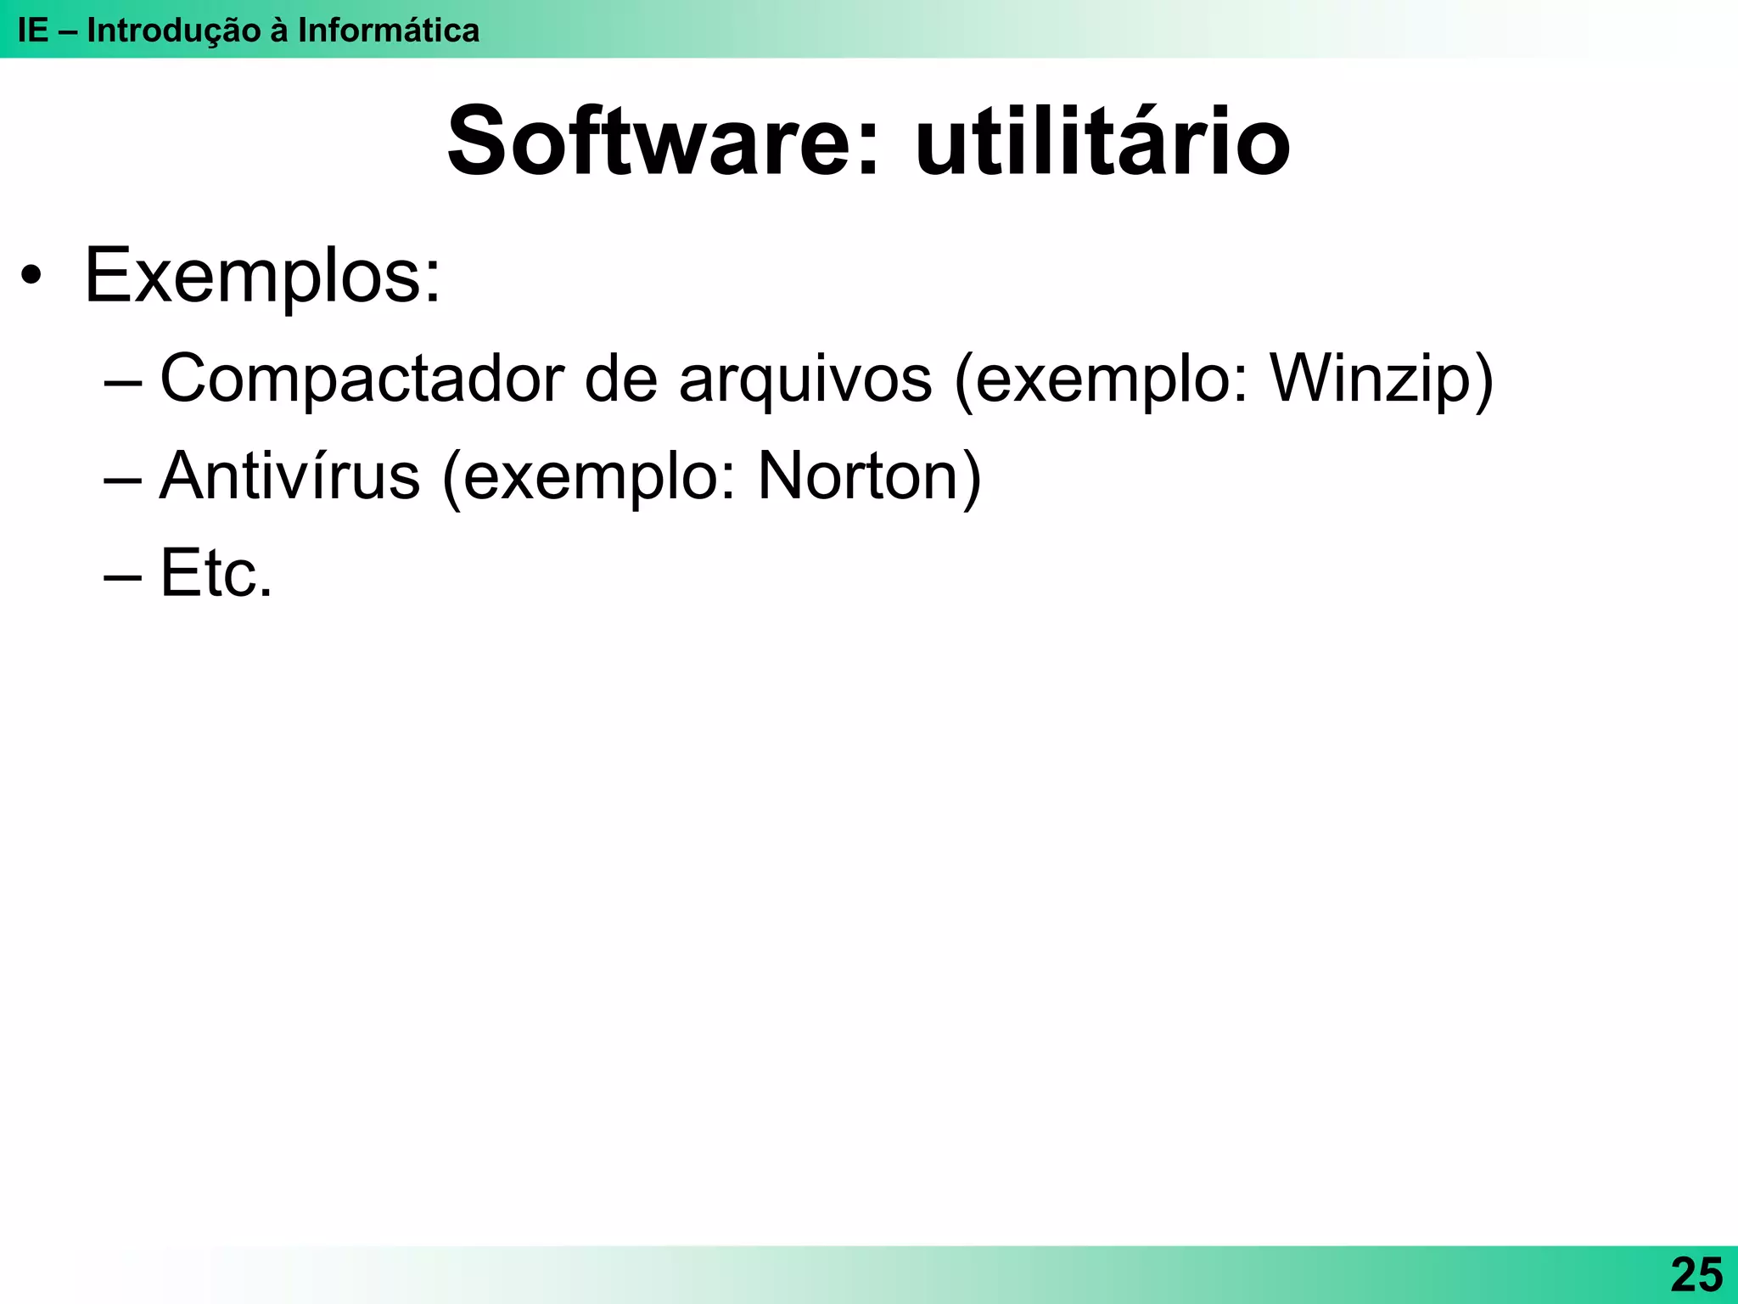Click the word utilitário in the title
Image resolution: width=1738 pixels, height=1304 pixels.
[x=1102, y=141]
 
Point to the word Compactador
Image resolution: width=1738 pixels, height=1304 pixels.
[x=362, y=379]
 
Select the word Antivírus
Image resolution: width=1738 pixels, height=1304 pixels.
[x=289, y=475]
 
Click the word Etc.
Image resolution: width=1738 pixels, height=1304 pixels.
[x=216, y=573]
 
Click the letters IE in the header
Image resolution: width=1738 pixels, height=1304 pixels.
[x=32, y=31]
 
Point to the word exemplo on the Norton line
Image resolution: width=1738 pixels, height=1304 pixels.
[x=594, y=475]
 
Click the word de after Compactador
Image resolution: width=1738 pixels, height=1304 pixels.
[x=620, y=379]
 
